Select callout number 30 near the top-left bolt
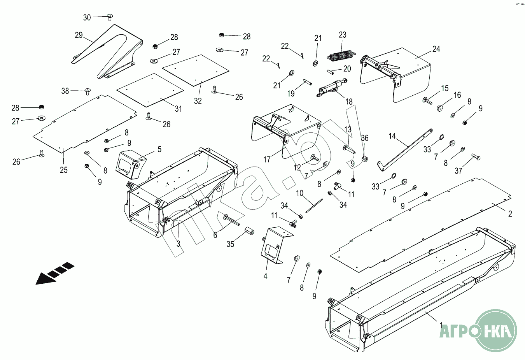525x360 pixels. click(87, 18)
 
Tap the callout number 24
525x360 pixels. click(436, 49)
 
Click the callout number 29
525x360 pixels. click(79, 35)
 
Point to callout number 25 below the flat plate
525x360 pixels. click(63, 170)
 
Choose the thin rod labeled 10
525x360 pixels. click(314, 206)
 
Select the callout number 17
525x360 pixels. click(267, 160)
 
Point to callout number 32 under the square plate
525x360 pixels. click(198, 101)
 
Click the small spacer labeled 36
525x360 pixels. click(365, 159)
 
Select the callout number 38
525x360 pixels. click(65, 91)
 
